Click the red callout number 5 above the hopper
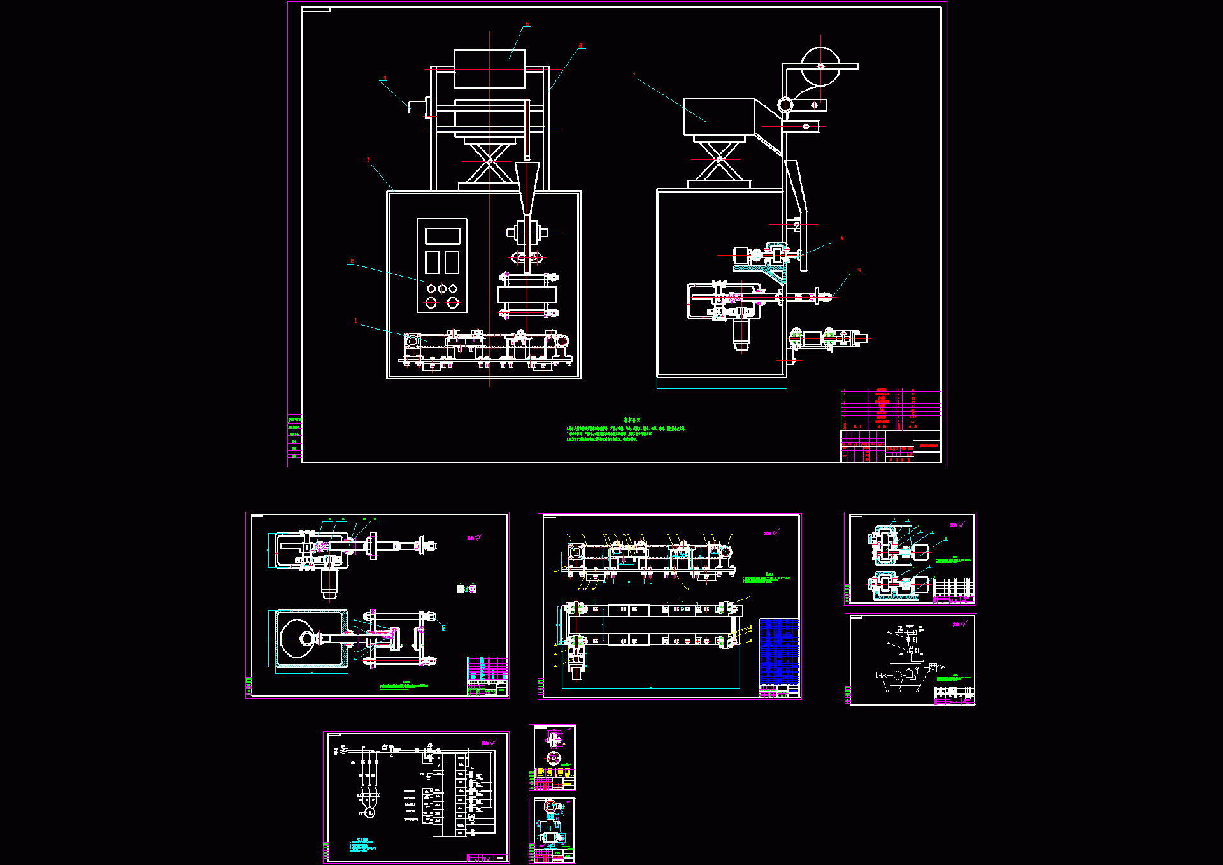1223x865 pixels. (x=527, y=24)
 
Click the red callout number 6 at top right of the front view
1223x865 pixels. (x=580, y=46)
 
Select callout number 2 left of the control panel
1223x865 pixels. (x=352, y=261)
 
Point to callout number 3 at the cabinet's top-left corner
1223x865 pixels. (x=368, y=160)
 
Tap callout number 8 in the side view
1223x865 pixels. (x=842, y=238)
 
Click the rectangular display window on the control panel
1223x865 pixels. (x=442, y=236)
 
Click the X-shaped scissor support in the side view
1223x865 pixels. (x=719, y=159)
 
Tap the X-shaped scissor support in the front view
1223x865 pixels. (x=489, y=161)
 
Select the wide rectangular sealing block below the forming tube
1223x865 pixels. (x=527, y=294)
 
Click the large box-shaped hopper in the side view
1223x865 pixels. (x=719, y=117)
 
